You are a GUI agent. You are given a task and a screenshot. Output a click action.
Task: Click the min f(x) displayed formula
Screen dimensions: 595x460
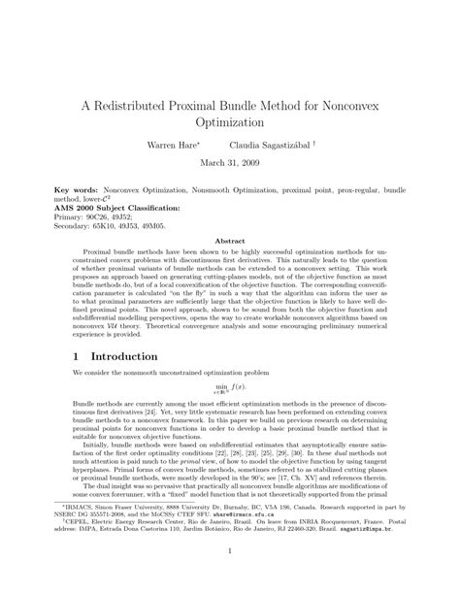229,386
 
